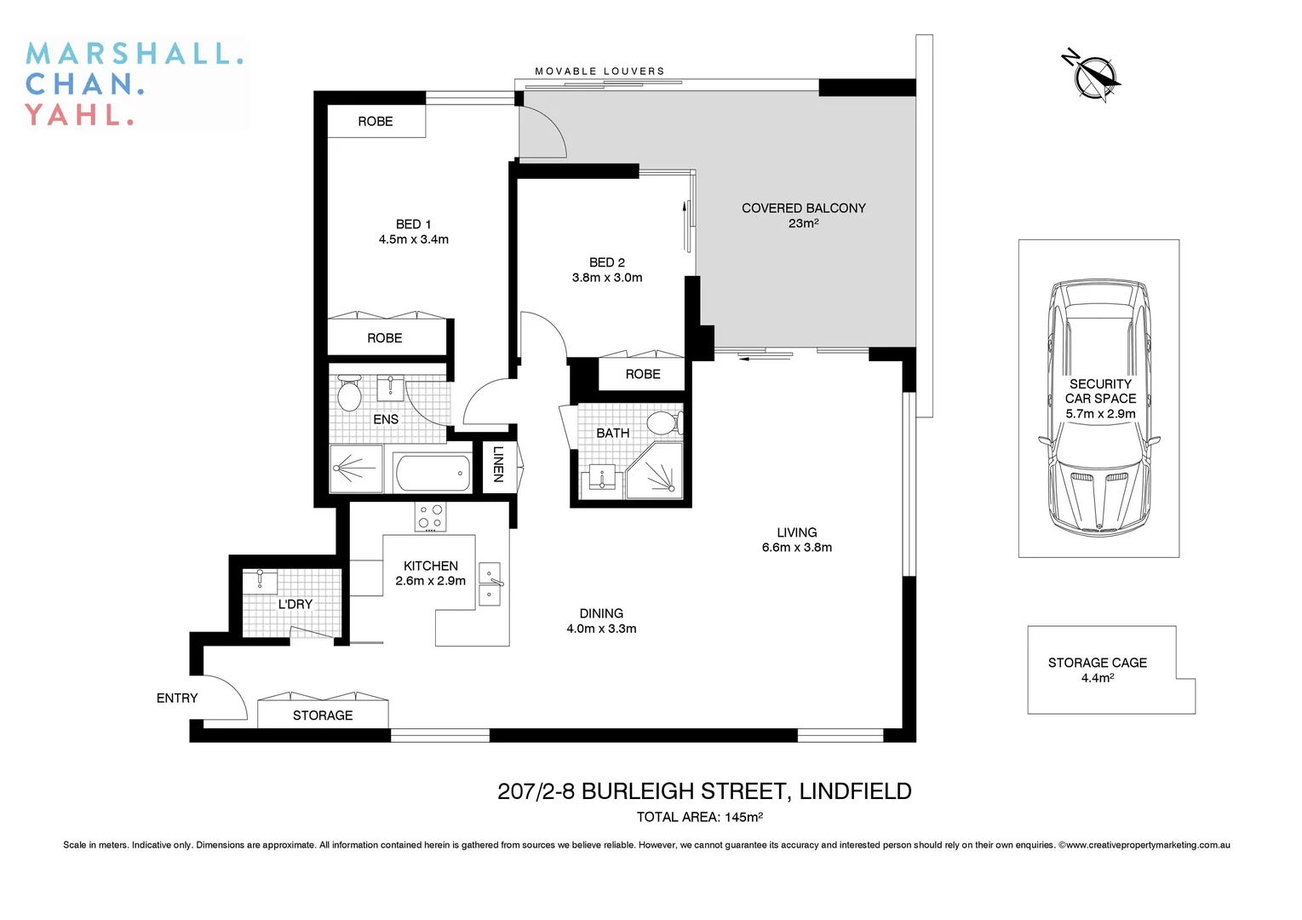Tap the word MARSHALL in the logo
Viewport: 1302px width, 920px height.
(x=135, y=55)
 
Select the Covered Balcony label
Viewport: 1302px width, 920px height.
(x=803, y=208)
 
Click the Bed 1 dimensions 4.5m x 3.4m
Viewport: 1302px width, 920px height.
(x=414, y=239)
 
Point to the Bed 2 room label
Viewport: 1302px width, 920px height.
(x=606, y=262)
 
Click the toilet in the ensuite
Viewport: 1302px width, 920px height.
(x=349, y=394)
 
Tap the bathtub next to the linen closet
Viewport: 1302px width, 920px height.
(x=433, y=472)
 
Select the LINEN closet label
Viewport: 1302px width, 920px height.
(x=498, y=464)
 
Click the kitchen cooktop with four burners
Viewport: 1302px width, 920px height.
(x=430, y=516)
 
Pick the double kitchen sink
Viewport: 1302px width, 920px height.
(x=490, y=584)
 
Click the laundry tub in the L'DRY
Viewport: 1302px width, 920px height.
(x=260, y=581)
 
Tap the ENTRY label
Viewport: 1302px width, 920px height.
(x=177, y=698)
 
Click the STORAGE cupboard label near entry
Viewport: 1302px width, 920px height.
(x=323, y=716)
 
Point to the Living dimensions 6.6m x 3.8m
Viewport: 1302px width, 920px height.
(x=797, y=548)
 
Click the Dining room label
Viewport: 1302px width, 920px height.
(x=601, y=613)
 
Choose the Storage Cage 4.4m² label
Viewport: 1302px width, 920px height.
(x=1098, y=670)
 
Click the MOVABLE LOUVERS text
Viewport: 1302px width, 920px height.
(x=599, y=72)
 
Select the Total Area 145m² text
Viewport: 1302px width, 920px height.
(x=699, y=817)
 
